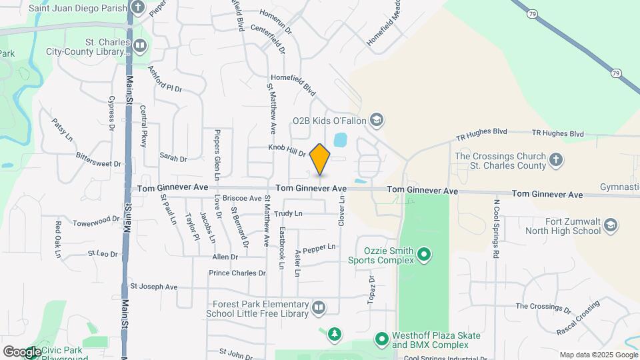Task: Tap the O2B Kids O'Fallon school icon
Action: coord(377,121)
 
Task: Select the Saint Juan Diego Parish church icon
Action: coord(138,8)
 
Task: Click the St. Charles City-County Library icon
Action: coord(140,46)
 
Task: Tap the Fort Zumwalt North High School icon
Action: coord(610,226)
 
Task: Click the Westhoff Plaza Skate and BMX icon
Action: coord(382,339)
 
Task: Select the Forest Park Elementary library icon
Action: coord(319,307)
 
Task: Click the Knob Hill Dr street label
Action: coord(287,150)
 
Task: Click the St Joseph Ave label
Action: coord(154,287)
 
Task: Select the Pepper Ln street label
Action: coord(319,249)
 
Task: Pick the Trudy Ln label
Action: coord(288,214)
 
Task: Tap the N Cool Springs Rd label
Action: coord(496,228)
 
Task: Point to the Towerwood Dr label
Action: coord(96,221)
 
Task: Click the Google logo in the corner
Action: coord(22,351)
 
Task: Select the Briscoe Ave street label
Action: coord(242,198)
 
